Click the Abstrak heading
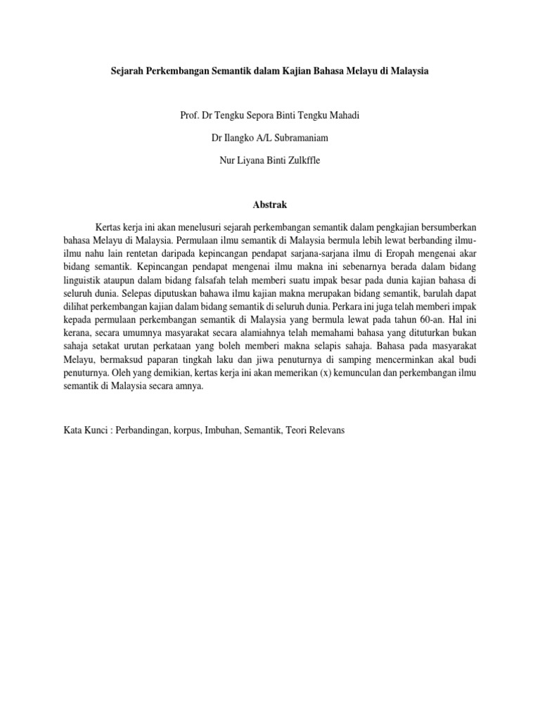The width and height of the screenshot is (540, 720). click(x=270, y=205)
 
